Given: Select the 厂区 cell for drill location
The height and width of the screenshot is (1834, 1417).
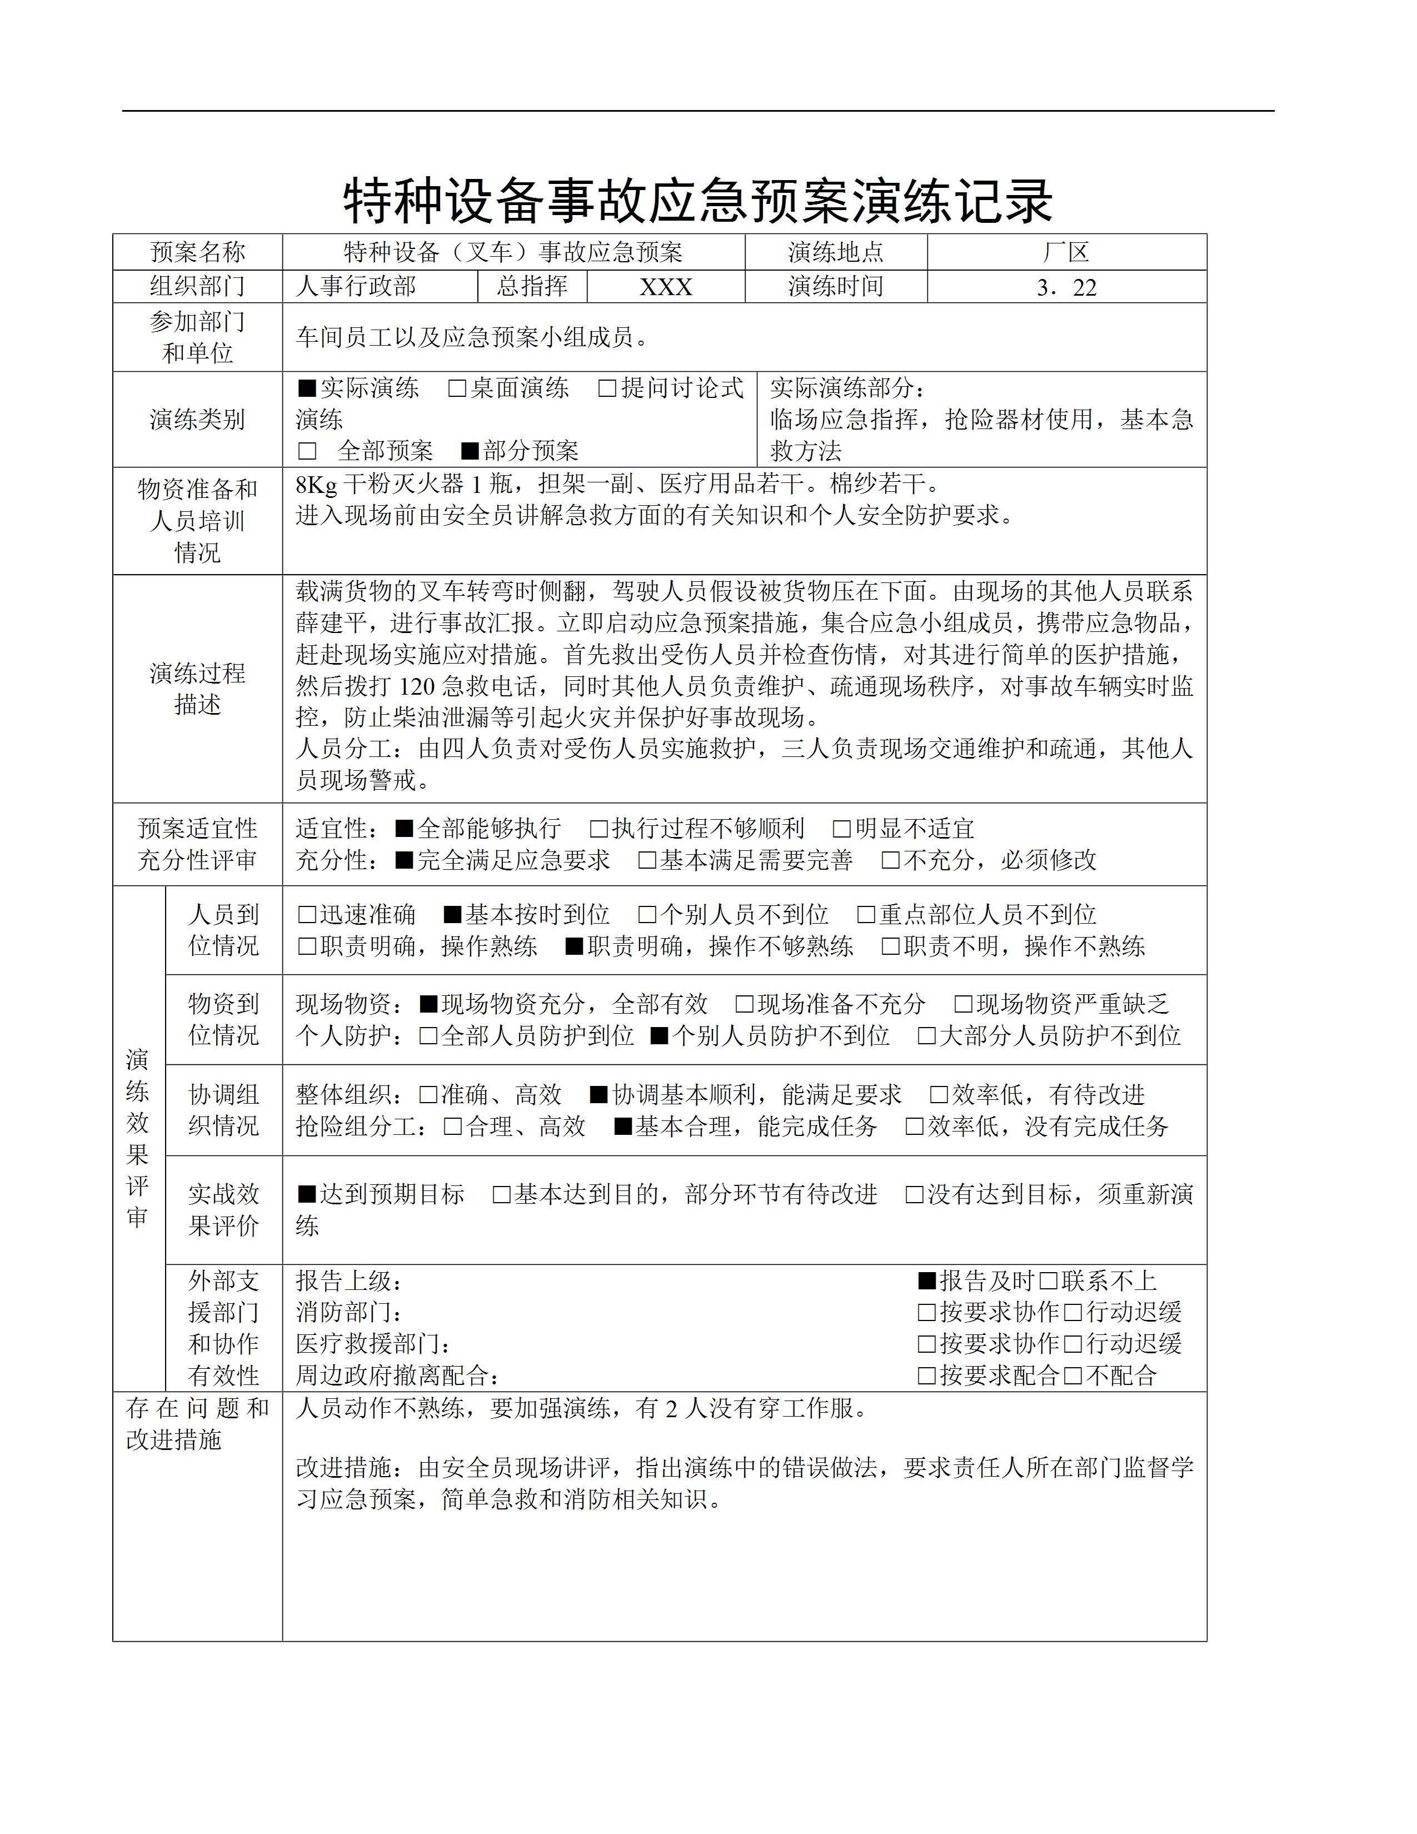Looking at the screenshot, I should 1066,252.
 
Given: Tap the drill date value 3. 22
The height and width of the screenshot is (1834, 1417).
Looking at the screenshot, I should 1066,287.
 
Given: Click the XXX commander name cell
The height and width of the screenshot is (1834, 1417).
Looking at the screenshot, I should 666,287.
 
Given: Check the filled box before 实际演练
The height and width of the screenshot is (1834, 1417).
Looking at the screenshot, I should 307,388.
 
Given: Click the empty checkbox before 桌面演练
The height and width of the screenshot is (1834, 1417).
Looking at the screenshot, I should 457,388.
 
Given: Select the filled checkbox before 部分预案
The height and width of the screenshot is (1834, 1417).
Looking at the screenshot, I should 470,451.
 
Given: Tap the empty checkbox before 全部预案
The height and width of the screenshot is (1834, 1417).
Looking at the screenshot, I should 307,451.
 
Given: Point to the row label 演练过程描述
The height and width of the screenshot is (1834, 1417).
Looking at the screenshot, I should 197,688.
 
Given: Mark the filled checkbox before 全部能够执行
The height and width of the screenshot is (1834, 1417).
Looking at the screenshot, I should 405,829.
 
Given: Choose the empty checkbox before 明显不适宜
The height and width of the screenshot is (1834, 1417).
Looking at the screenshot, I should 841,829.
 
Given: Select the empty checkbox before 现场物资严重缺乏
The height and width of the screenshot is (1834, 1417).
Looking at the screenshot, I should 963,1004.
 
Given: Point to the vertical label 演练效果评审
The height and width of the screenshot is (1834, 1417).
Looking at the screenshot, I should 138,1138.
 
